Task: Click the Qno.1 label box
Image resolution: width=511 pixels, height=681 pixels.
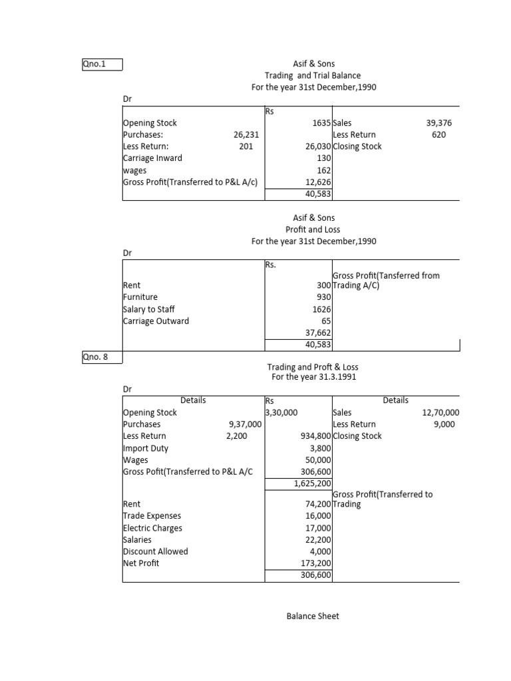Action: [x=101, y=65]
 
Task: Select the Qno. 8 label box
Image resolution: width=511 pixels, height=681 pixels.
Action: [x=101, y=357]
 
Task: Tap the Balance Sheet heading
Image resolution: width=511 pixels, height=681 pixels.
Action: [x=313, y=616]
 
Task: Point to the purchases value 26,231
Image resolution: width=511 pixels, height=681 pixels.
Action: [x=246, y=135]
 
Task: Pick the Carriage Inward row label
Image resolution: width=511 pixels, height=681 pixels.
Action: [x=152, y=158]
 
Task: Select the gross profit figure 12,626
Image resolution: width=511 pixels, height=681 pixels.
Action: [x=318, y=182]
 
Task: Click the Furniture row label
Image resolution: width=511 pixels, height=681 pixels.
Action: [x=140, y=297]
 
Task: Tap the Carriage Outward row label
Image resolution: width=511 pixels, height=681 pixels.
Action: [x=156, y=321]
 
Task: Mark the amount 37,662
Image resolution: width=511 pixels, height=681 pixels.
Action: [x=318, y=333]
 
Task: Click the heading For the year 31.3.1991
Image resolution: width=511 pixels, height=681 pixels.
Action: [x=313, y=377]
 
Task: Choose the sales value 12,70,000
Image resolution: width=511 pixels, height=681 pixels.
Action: [x=440, y=412]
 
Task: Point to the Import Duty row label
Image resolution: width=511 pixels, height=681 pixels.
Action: [x=146, y=448]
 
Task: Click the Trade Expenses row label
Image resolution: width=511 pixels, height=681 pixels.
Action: [x=152, y=516]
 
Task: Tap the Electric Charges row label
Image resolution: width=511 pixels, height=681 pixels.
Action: [x=152, y=528]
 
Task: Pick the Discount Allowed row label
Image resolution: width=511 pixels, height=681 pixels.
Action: [x=155, y=551]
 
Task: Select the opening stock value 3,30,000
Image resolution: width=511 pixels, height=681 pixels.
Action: [x=281, y=412]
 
